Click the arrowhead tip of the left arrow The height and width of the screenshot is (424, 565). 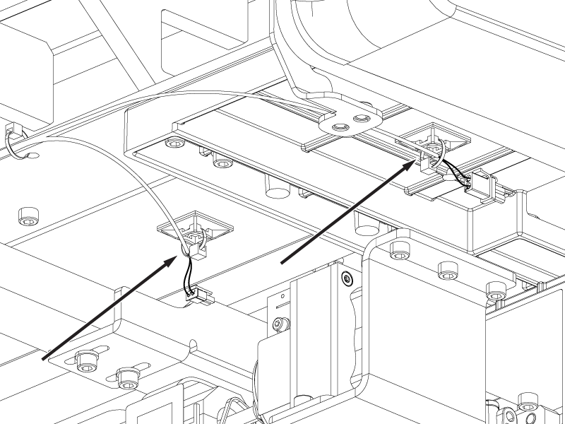coord(177,257)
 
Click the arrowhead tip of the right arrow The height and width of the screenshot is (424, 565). coord(415,161)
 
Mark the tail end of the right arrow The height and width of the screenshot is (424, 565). coord(282,263)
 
